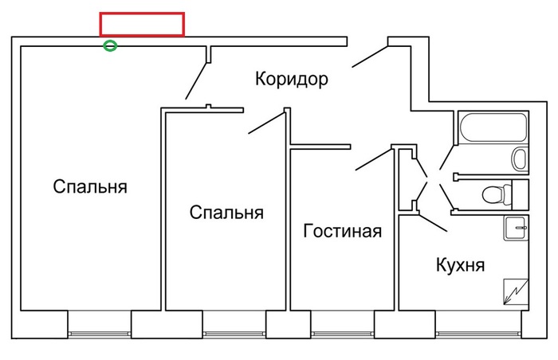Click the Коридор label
[292, 79]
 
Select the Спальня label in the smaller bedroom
[226, 213]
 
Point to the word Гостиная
[343, 232]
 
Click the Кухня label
[461, 264]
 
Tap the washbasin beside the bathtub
[521, 158]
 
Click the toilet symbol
[498, 194]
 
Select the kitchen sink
[517, 228]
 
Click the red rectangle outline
[142, 24]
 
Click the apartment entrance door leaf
[367, 55]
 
